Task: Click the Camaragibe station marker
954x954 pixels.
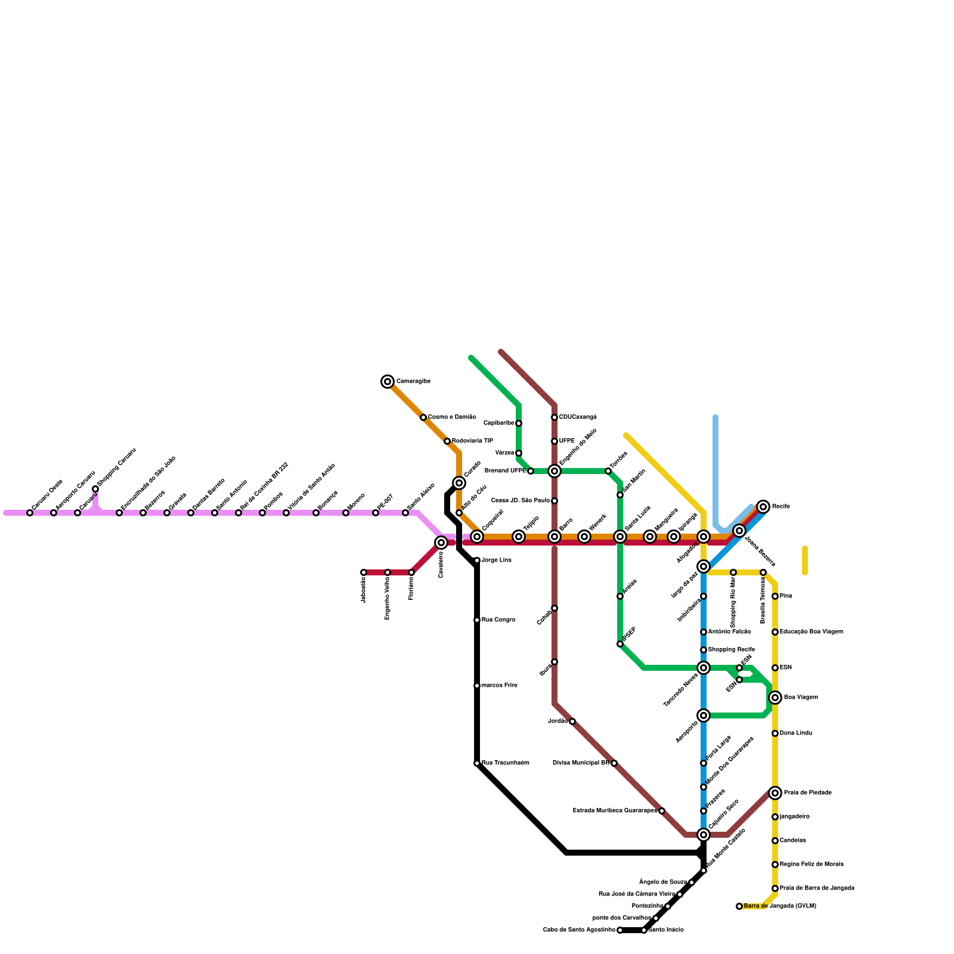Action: point(388,382)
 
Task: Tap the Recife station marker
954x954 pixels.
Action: point(763,507)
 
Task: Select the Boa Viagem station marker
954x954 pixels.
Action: point(775,698)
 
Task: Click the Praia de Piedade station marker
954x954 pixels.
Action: point(775,793)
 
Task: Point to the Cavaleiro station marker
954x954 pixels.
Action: point(441,543)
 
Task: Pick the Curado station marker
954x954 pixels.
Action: point(459,483)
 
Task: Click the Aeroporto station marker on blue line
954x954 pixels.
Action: point(704,715)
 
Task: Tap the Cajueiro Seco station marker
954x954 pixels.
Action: point(704,835)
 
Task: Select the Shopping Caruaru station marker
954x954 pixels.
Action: point(95,489)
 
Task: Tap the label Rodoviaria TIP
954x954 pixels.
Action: point(472,441)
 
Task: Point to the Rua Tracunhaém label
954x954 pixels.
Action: point(505,763)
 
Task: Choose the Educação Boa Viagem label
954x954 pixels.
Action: point(811,632)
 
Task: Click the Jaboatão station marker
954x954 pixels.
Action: point(364,572)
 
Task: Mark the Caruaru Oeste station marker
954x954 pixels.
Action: point(30,513)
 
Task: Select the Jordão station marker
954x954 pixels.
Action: point(572,721)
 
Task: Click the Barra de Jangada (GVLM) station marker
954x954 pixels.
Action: point(739,906)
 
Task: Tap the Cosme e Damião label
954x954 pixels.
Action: point(451,417)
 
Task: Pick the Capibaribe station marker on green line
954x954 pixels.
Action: point(519,423)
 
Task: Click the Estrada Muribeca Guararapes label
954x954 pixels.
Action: point(615,811)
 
